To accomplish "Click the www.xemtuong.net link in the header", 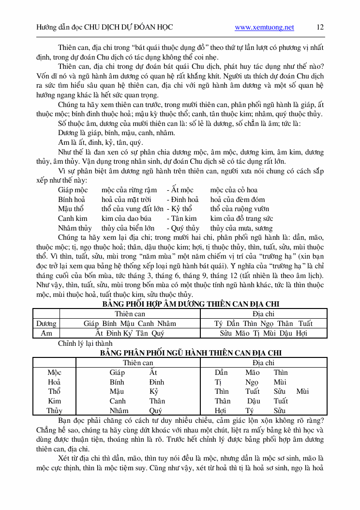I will pyautogui.click(x=264, y=28).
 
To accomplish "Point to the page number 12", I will pyautogui.click(x=320, y=27).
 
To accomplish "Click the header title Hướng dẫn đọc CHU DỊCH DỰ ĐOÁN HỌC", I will pyautogui.click(x=104, y=28).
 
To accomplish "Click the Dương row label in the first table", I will pyautogui.click(x=46, y=324).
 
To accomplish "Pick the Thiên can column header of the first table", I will pyautogui.click(x=130, y=314).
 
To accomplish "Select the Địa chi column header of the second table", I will pyautogui.click(x=263, y=362).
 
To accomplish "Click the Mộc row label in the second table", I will pyautogui.click(x=54, y=372).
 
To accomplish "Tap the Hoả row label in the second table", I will pyautogui.click(x=54, y=382).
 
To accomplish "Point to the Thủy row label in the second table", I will pyautogui.click(x=54, y=411).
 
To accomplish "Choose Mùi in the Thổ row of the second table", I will pyautogui.click(x=302, y=391).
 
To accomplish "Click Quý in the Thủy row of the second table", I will pyautogui.click(x=155, y=411).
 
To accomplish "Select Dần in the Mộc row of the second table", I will pyautogui.click(x=221, y=372).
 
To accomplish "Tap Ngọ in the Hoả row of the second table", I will pyautogui.click(x=252, y=382).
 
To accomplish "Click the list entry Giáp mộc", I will pyautogui.click(x=73, y=190).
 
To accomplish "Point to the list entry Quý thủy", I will pyautogui.click(x=186, y=228).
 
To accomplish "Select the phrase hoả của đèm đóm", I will pyautogui.click(x=238, y=200).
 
